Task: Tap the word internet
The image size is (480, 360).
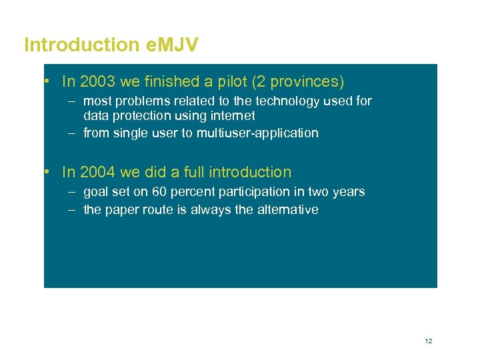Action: [233, 115]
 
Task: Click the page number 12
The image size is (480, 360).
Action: [428, 341]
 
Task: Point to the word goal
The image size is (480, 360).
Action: [95, 192]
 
